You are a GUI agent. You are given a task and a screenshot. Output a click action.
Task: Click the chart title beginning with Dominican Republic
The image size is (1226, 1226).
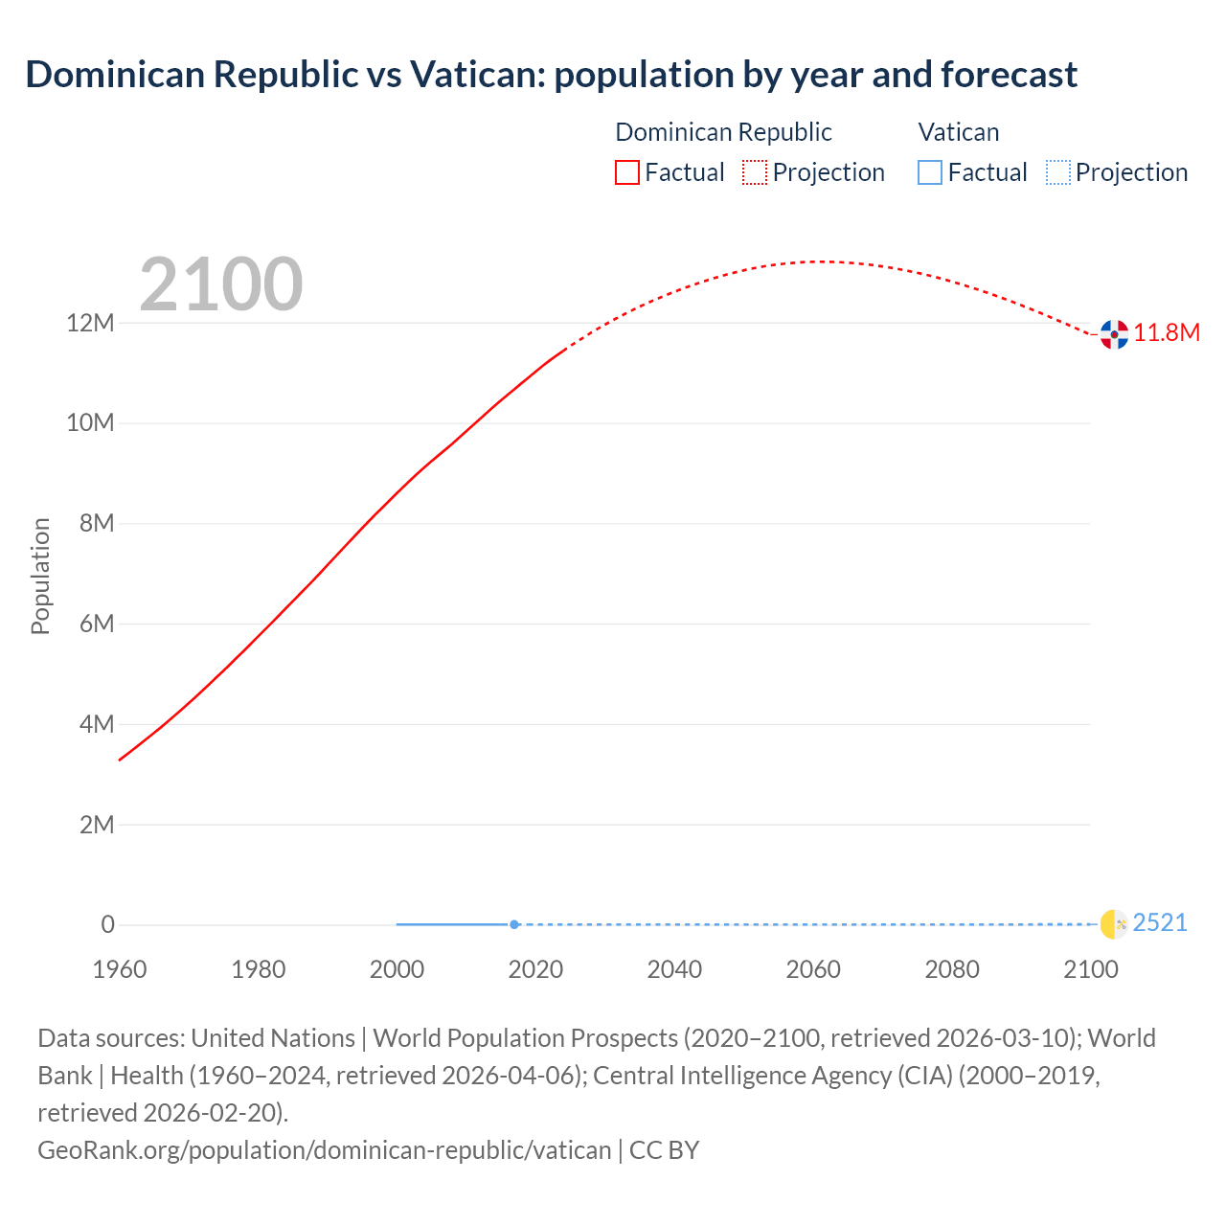[551, 75]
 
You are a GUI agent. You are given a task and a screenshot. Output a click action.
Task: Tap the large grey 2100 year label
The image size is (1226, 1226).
[221, 284]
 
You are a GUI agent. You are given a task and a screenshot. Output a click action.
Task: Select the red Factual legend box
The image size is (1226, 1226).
[626, 172]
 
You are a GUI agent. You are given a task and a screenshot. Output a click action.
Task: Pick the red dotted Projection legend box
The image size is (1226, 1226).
[755, 172]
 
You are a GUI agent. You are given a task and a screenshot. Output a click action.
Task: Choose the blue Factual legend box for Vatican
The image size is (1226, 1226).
[929, 172]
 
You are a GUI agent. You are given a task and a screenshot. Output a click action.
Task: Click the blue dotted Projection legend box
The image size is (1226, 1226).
[1057, 172]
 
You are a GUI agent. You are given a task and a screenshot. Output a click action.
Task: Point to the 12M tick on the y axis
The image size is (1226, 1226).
[90, 323]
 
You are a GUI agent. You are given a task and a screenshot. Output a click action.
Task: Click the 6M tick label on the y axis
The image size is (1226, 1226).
[97, 624]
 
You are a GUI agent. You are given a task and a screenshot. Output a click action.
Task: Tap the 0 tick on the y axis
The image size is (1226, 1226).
[107, 924]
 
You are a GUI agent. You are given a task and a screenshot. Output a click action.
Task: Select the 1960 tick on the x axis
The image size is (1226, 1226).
[120, 969]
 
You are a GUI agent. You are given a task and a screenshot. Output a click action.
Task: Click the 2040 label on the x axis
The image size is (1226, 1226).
[674, 969]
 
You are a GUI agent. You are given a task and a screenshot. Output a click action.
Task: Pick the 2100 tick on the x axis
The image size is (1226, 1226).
[1090, 969]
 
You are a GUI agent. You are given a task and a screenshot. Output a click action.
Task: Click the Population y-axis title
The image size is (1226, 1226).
[40, 576]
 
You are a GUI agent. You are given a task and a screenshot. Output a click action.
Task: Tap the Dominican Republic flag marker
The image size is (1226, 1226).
[1114, 334]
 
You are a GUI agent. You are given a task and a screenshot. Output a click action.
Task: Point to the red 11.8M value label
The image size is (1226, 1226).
[1167, 332]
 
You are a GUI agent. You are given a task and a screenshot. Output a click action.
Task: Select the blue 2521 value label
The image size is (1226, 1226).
[1160, 922]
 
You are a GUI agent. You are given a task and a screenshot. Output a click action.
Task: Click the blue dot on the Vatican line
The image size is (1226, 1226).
[514, 924]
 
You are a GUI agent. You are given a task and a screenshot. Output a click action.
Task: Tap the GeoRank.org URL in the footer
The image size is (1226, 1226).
[324, 1150]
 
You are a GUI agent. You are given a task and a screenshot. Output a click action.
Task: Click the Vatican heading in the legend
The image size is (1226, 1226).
[958, 132]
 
